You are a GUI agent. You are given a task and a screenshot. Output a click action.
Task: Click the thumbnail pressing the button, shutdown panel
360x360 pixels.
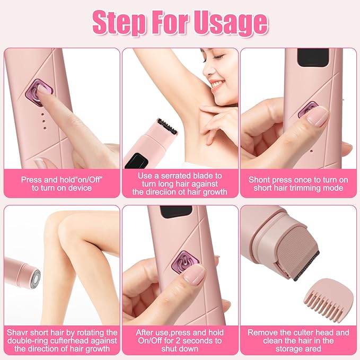click(195, 274)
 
